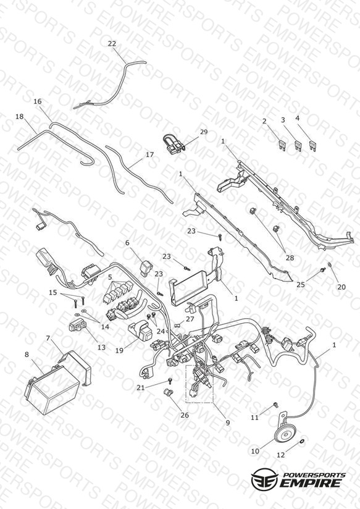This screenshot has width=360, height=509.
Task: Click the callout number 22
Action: point(112,43)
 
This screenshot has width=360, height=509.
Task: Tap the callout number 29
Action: point(204,132)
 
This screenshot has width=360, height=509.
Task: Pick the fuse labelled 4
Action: point(312,145)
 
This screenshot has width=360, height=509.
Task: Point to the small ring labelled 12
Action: point(301,441)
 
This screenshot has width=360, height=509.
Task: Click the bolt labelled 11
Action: point(276,405)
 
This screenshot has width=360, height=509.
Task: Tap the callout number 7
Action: point(48,339)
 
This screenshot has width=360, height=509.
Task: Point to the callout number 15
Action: point(52,292)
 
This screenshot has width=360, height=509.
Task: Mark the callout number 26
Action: point(185,415)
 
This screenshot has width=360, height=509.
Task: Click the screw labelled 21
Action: point(169,380)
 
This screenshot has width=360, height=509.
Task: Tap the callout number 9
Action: point(228,423)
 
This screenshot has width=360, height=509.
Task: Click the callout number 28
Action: point(290,258)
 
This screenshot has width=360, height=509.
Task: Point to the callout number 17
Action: point(149,155)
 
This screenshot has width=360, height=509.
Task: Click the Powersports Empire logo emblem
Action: point(265,478)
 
